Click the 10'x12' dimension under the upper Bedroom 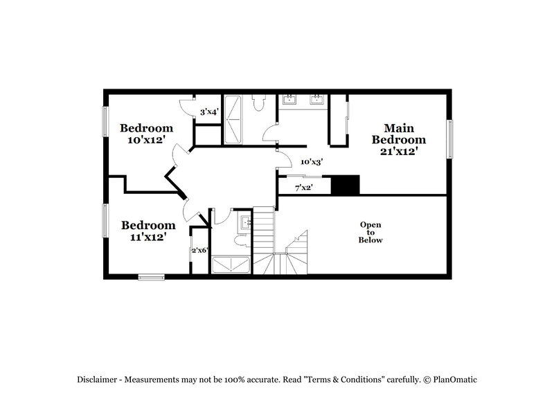[x=146, y=140]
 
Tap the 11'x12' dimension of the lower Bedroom [x=148, y=237]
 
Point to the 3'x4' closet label [x=209, y=111]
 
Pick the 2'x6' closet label [x=200, y=250]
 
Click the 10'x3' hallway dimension [x=311, y=161]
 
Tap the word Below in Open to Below [x=370, y=240]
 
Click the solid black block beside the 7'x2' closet [x=346, y=185]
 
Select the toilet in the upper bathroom [x=258, y=104]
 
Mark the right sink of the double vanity [x=317, y=100]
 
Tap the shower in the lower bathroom [x=231, y=265]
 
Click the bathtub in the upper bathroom [x=233, y=119]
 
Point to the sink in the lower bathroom [x=244, y=222]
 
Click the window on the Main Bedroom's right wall [x=449, y=138]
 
